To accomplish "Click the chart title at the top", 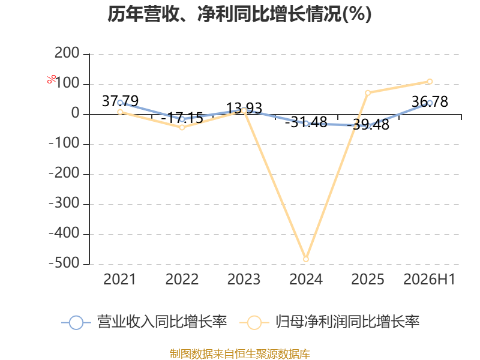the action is pos(239,14).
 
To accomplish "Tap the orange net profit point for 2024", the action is pos(306,259).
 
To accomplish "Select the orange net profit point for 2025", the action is pos(368,93).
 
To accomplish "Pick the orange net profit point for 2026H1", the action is pos(430,82).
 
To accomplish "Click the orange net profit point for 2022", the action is pos(182,127).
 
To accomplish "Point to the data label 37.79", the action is pos(120,101).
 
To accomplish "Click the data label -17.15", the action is pos(182,118).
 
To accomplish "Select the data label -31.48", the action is pos(306,122).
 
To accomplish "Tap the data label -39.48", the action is pos(368,125).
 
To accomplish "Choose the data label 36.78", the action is pos(430,101).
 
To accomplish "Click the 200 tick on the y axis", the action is pos(67,53).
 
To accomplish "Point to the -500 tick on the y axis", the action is pos(64,263).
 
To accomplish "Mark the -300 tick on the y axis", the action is pos(64,203).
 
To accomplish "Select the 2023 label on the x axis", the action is pos(244,279).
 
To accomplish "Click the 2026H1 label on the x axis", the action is pos(430,279).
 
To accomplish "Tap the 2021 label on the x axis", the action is pos(119,279).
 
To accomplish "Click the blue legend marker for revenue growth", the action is pos(76,323).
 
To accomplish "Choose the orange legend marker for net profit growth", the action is pos(254,323).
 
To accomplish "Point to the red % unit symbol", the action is pos(52,79).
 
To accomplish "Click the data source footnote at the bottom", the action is pos(240,354).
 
